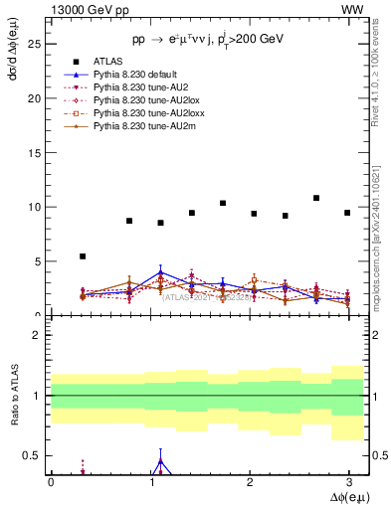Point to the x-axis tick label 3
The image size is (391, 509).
coord(348,481)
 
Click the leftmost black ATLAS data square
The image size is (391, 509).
coord(83,256)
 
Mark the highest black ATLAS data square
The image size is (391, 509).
coord(316,198)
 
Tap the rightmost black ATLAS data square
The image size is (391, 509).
coord(347,213)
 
